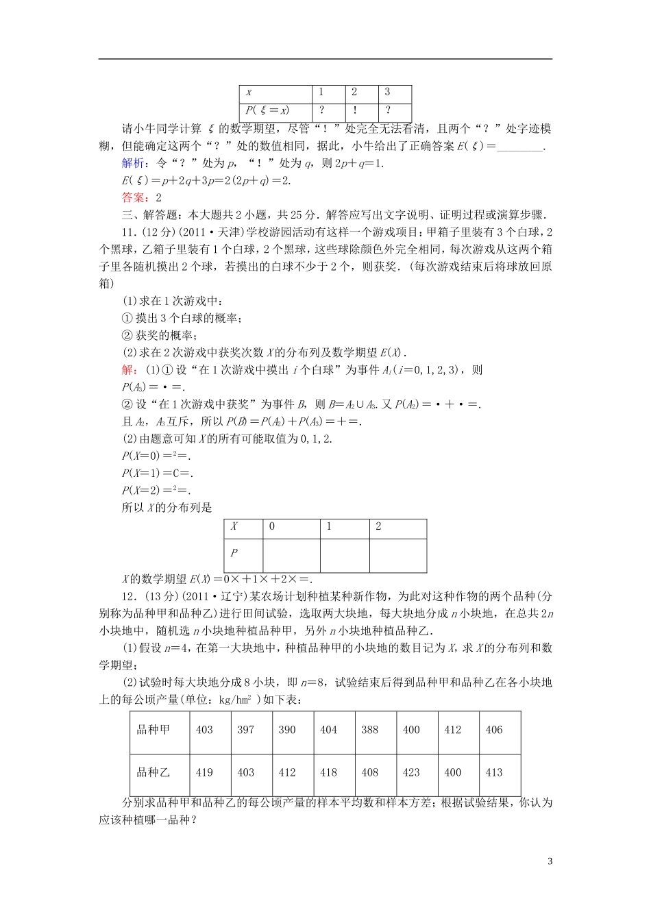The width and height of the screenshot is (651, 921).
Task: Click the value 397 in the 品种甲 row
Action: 246,730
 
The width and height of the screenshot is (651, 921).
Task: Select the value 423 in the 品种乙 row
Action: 411,772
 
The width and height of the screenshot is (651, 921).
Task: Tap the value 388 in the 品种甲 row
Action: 370,730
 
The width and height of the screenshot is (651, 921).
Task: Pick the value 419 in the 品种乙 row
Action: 204,772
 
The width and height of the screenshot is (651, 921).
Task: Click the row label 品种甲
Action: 153,730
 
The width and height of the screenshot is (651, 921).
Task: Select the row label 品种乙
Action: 153,772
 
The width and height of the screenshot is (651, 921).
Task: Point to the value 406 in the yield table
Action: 494,730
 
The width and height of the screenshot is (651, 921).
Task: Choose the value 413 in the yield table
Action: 494,772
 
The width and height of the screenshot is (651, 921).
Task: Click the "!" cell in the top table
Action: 354,110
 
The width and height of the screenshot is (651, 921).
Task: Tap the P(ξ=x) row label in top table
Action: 268,110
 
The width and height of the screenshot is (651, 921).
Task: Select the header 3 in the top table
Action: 388,93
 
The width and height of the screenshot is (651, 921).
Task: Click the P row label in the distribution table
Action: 234,553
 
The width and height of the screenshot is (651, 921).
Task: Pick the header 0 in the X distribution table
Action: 272,527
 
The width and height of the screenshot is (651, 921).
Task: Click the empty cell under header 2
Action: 397,554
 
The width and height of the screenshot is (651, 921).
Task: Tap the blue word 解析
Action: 134,163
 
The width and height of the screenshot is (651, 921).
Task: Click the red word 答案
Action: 134,197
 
